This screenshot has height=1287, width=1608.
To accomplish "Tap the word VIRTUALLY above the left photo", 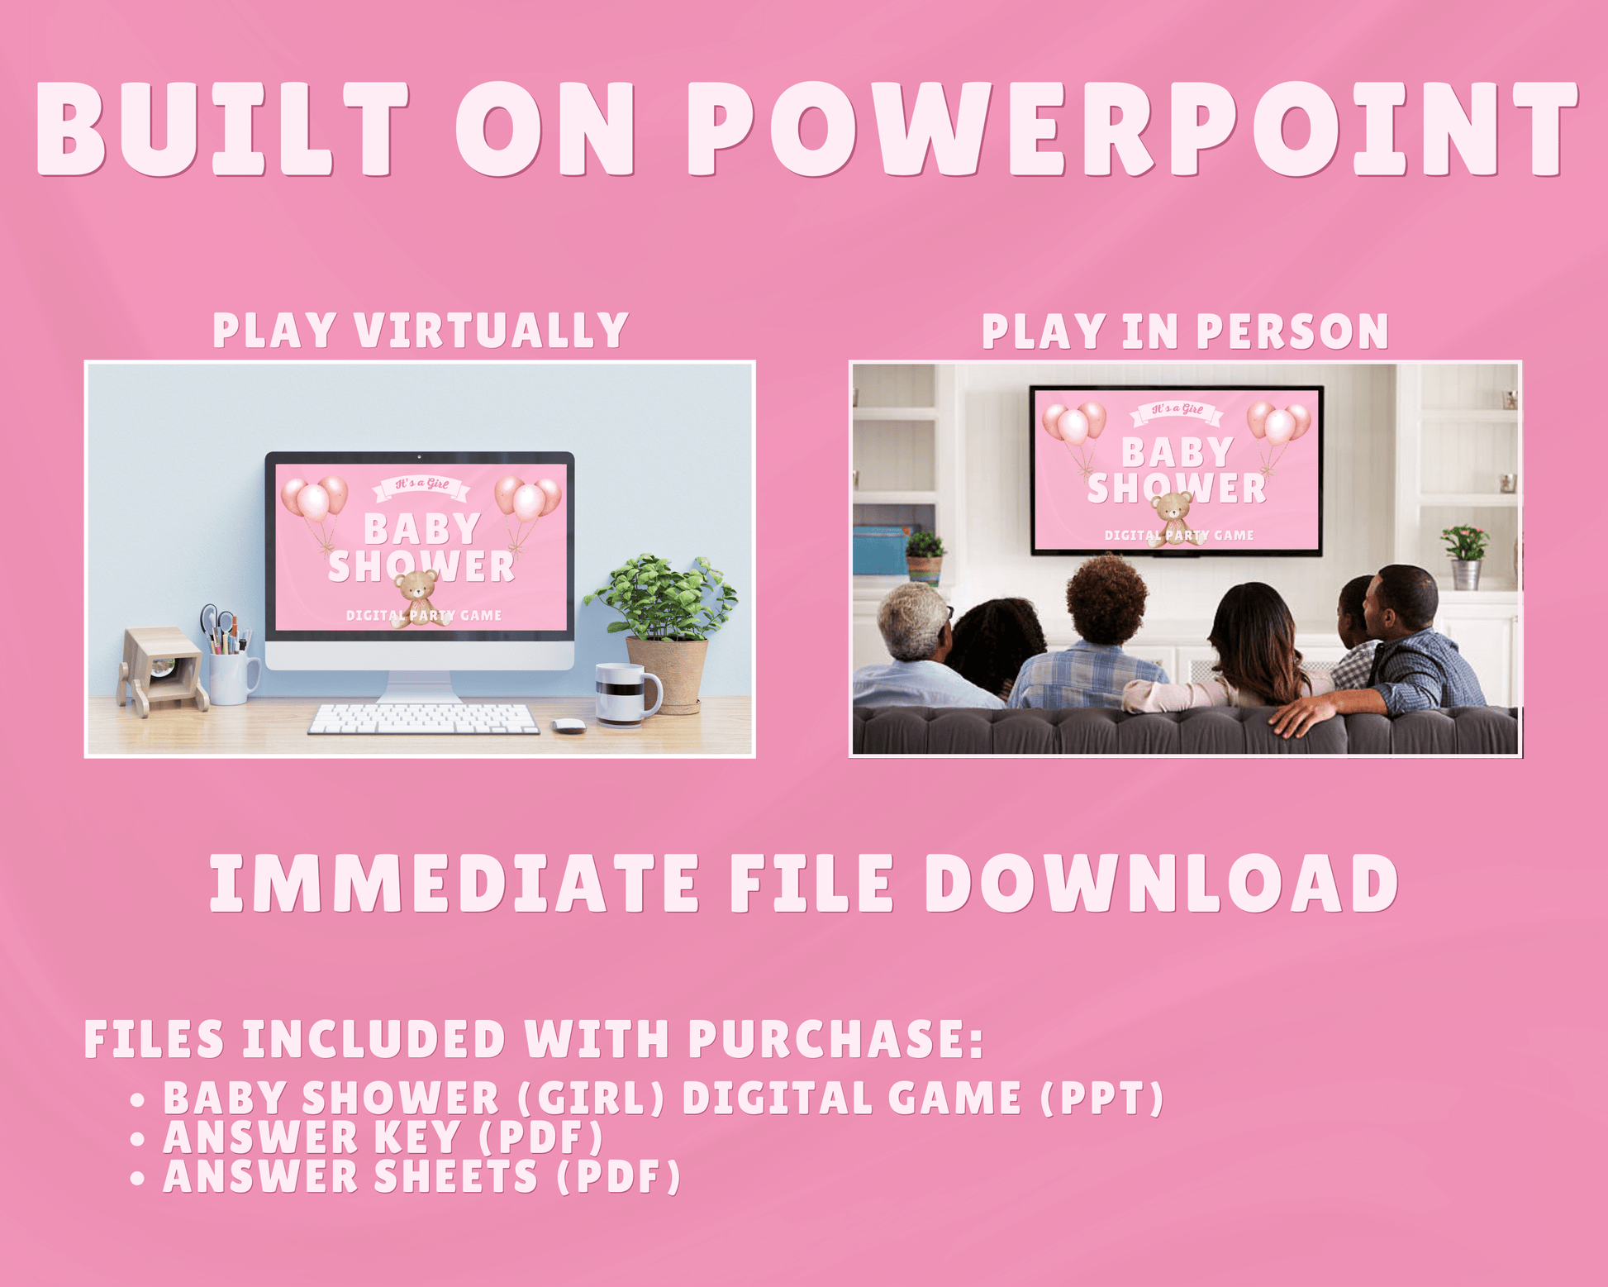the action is pos(492,331).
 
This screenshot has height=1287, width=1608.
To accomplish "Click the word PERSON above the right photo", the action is pos(1292,331).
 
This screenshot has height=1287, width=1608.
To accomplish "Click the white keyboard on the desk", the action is pos(423,718).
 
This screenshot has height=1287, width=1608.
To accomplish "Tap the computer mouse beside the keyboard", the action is pos(569,725).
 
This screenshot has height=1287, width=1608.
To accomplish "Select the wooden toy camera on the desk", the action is pos(163,670).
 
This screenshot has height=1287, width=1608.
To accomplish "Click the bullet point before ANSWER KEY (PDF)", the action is pos(138,1140).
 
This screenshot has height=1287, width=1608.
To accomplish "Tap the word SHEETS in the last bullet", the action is pos(455,1177).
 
